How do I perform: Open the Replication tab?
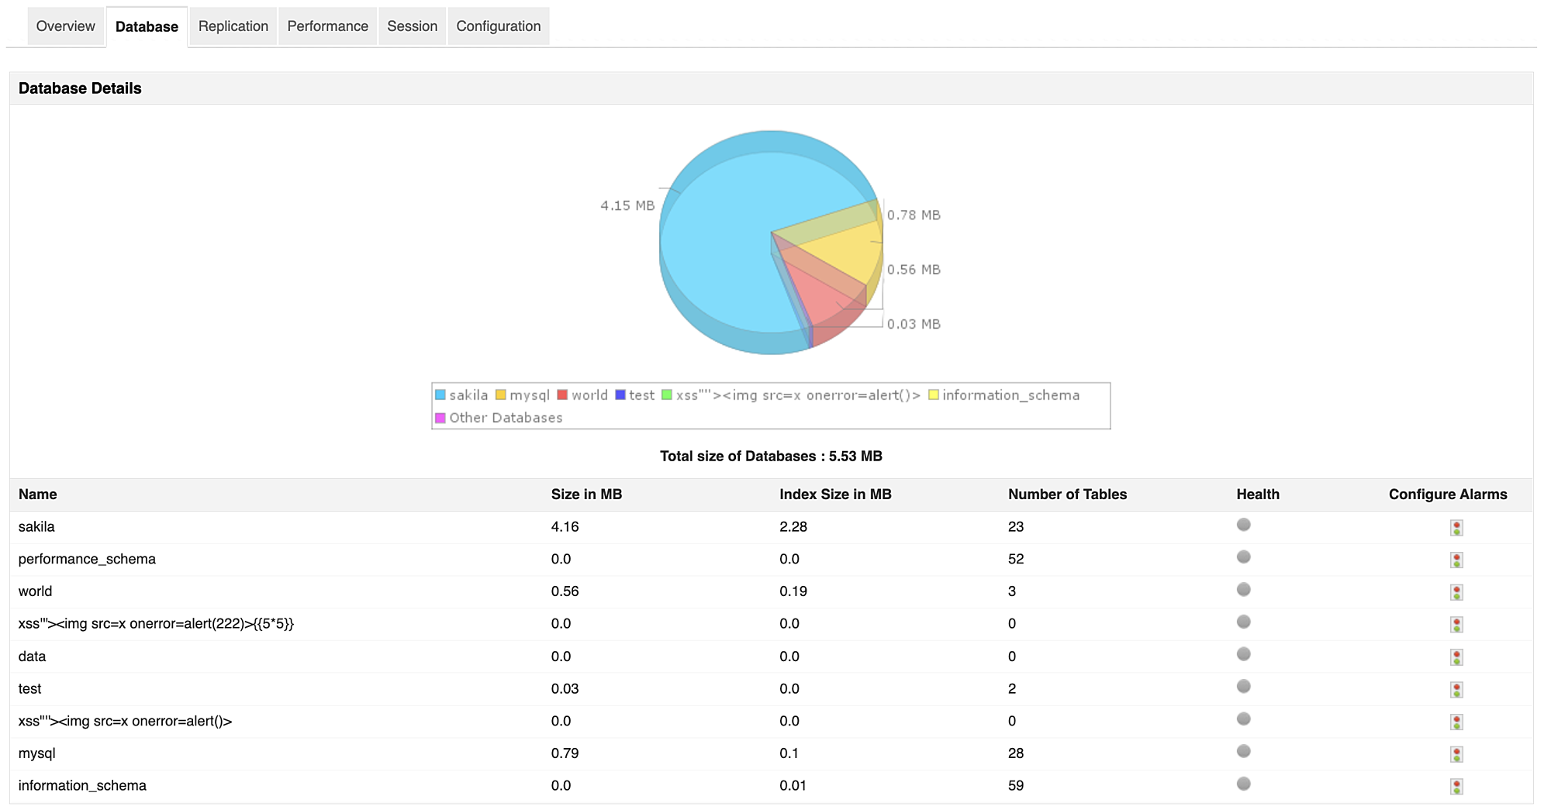coord(233,26)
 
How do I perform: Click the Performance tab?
coord(327,26)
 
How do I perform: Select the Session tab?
coord(412,26)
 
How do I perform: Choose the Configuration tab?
coord(498,26)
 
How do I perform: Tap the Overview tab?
coord(65,26)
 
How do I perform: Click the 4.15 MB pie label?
coord(627,205)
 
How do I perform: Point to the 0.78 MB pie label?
coord(914,215)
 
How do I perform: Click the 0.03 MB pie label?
coord(914,324)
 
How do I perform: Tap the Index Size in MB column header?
coord(835,495)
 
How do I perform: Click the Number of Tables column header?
coord(1067,495)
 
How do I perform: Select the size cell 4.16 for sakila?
coord(565,527)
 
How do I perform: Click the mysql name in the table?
coord(37,753)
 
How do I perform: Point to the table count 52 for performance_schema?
coord(1016,560)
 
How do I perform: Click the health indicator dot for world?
coord(1244,590)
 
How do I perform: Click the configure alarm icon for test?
coord(1456,690)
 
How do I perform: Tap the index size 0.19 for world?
coord(793,591)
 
